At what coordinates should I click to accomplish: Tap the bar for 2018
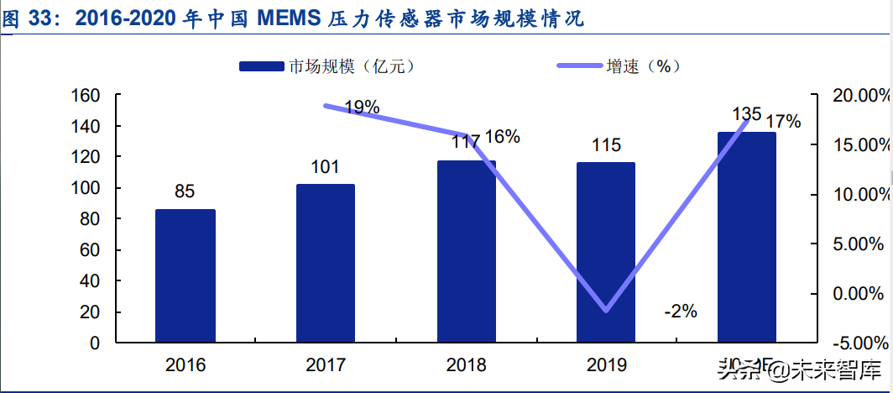click(x=466, y=251)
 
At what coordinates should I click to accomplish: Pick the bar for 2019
click(x=605, y=252)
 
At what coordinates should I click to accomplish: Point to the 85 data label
click(x=185, y=191)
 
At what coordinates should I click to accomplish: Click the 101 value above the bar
click(x=325, y=166)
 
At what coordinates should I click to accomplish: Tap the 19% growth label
click(x=362, y=107)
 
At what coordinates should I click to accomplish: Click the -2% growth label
click(x=680, y=311)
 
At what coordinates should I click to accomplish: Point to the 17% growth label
click(x=783, y=121)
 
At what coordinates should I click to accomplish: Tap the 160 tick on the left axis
click(x=86, y=95)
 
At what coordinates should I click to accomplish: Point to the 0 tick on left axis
click(x=95, y=343)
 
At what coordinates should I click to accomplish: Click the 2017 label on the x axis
click(x=326, y=365)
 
